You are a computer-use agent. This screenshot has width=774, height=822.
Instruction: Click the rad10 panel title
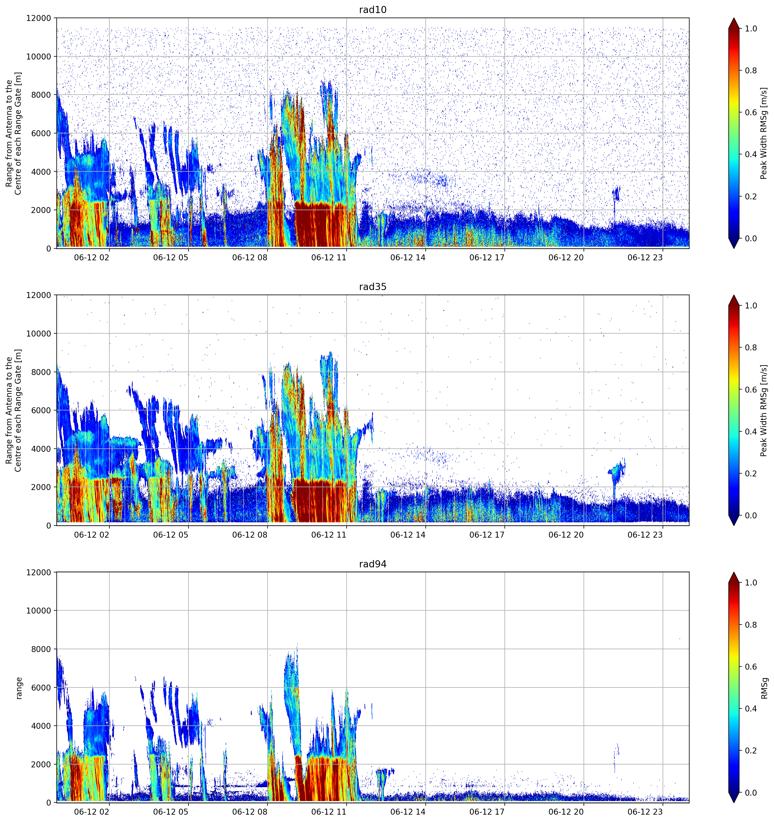coord(372,10)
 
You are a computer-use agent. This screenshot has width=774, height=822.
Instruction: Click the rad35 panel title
coord(372,287)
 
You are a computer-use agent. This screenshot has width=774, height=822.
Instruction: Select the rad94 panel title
coord(372,564)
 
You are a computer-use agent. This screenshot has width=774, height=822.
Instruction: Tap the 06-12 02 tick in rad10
coord(92,257)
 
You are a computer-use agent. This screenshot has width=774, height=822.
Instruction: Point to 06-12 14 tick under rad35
coord(408,534)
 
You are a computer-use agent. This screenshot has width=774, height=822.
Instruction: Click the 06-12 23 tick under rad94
coord(645,812)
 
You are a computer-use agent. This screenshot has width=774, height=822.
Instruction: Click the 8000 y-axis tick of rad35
coord(41,372)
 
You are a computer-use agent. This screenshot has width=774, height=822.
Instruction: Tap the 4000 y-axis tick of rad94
coord(41,726)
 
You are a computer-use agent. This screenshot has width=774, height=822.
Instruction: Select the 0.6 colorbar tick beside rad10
coord(751,112)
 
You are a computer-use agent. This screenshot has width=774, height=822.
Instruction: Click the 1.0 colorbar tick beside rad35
coord(751,306)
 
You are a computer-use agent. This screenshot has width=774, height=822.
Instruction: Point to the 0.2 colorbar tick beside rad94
coord(751,750)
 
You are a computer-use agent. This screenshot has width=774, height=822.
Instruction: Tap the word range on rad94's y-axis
coord(19,688)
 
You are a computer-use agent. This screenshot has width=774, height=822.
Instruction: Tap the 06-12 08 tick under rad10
coord(250,257)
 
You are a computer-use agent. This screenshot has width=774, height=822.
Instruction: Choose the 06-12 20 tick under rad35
coord(566,534)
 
